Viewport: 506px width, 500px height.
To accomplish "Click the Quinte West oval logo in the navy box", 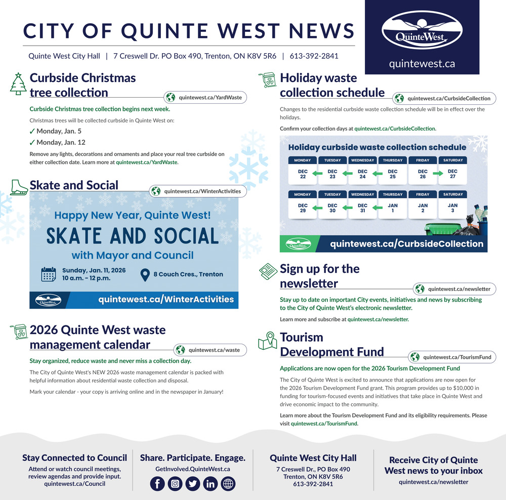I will (421, 31).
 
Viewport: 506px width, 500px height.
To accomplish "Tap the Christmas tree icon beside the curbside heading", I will (18, 84).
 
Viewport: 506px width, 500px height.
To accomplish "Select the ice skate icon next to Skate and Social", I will (19, 187).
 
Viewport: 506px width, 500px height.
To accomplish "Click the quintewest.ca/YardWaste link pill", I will (205, 98).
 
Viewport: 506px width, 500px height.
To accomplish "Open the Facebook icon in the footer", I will (157, 484).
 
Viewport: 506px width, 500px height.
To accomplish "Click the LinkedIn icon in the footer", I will (210, 484).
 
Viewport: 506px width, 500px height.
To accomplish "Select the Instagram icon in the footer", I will (175, 484).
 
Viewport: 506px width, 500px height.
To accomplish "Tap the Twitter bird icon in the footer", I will (193, 484).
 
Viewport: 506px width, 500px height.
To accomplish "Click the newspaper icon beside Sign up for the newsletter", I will (268, 272).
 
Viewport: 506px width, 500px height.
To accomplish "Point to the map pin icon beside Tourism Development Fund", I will (268, 341).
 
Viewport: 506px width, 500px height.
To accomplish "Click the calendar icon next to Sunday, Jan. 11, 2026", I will (49, 274).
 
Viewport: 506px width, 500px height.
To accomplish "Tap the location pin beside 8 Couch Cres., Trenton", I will (145, 274).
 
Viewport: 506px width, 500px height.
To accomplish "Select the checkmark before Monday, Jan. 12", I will (32, 143).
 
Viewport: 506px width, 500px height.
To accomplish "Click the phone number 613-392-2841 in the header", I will (314, 56).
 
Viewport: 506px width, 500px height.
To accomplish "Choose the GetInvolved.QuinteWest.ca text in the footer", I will (192, 469).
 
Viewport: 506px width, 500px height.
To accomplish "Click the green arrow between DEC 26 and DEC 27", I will (438, 175).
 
